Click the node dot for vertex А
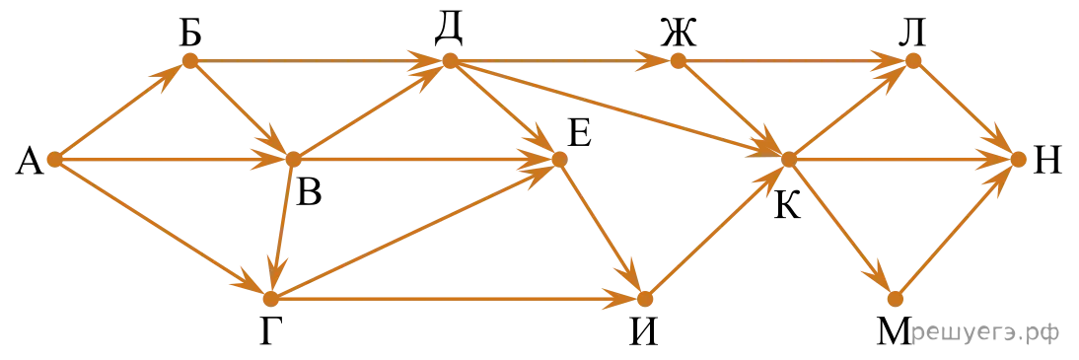55,160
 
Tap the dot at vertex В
293,160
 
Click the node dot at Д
450,61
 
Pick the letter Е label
579,135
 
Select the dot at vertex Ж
679,61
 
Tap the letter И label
646,333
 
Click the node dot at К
789,160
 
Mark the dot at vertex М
895,300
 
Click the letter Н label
1048,163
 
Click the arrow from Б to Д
320,61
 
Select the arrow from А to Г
163,229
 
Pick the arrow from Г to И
458,300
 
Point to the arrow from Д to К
619,110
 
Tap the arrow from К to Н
903,160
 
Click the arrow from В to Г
282,229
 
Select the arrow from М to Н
957,229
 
